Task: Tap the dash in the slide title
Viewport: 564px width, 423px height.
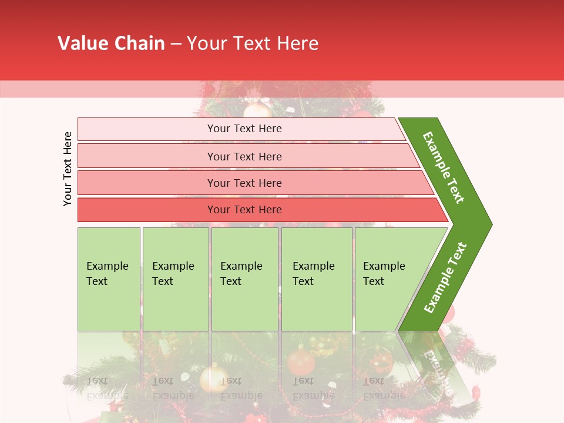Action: [176, 44]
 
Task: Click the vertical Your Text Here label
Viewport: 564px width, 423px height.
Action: [68, 169]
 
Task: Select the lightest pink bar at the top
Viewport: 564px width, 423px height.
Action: [147, 129]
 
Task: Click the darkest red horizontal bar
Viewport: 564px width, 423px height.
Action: [147, 210]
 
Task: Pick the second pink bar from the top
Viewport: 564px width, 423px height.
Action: [147, 156]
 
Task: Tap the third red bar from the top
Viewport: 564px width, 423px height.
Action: [147, 183]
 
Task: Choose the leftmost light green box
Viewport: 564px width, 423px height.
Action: [109, 305]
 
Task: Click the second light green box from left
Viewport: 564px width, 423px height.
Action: [176, 305]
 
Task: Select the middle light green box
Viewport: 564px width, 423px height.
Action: [244, 305]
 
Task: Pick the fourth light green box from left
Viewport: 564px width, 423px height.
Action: [317, 305]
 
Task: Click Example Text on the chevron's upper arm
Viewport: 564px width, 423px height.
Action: [444, 167]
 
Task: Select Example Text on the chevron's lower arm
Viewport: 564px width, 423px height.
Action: [445, 277]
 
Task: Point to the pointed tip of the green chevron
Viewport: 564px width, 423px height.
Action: [490, 224]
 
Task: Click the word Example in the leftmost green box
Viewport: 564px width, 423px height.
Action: [107, 266]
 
